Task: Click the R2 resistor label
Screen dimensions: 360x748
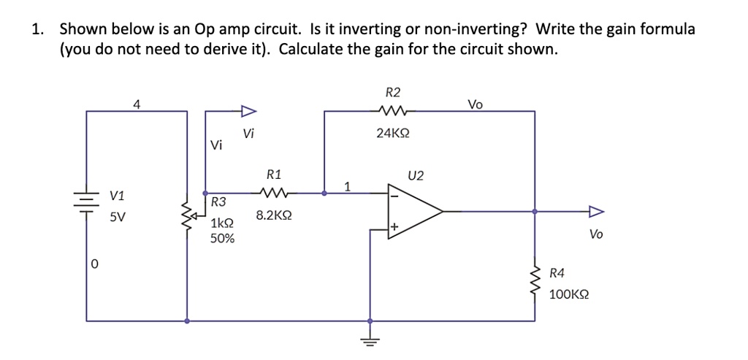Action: point(392,92)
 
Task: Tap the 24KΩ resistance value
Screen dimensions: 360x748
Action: point(392,134)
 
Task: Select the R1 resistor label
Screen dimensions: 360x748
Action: point(274,175)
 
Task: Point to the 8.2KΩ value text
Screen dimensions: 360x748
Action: point(275,216)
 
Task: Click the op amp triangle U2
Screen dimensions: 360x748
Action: point(413,212)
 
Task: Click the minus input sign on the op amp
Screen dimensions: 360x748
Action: point(394,195)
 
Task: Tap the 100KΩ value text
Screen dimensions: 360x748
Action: point(569,294)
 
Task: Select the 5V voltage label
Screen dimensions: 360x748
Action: point(117,217)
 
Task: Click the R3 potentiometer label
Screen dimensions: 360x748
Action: point(218,202)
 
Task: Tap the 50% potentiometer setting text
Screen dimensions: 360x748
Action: point(222,238)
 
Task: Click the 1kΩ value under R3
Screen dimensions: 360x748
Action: point(221,223)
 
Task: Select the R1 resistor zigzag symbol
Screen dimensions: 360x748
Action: point(275,194)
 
